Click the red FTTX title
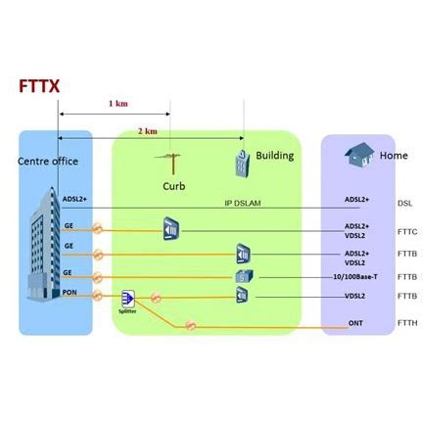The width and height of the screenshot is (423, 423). click(39, 86)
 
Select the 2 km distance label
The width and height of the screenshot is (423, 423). click(147, 130)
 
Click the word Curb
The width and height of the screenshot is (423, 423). click(173, 184)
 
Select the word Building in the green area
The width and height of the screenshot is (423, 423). click(274, 156)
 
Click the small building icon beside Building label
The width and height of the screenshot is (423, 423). click(239, 159)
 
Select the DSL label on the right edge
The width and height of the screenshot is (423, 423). click(404, 204)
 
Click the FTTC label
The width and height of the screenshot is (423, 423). click(407, 232)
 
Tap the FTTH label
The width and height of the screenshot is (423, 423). click(407, 322)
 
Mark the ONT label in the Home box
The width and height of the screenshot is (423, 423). click(355, 321)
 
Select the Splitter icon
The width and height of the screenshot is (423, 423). click(127, 298)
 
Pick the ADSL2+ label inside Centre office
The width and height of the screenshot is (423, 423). click(75, 200)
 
